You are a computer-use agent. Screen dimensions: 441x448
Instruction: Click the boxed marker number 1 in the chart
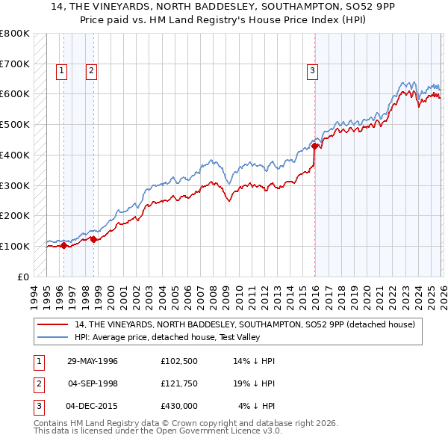60,71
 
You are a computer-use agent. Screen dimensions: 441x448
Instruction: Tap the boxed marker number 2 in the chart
90,71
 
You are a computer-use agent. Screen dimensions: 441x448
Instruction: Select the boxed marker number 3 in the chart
311,71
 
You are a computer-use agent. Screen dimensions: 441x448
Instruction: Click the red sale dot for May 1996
64,245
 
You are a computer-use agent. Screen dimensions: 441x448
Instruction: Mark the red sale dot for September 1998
93,239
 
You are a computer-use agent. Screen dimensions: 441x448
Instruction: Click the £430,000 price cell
178,406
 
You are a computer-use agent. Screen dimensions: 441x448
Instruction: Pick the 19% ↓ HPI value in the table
255,383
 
